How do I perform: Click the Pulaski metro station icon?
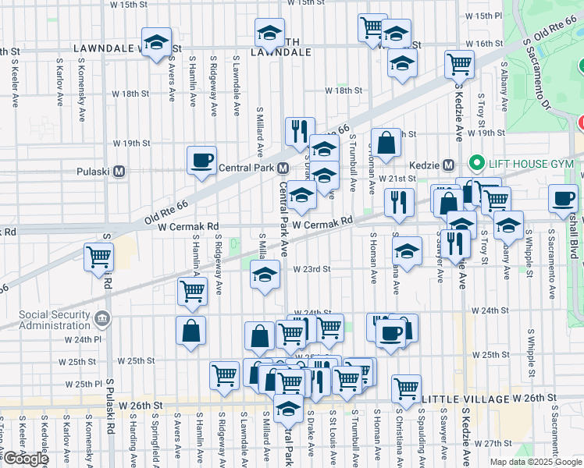click(x=119, y=172)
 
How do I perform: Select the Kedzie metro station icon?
click(x=449, y=165)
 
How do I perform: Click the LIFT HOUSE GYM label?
click(x=530, y=163)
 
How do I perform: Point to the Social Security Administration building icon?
click(x=102, y=318)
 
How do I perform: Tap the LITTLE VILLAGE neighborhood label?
click(x=464, y=399)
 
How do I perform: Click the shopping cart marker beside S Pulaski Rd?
click(x=99, y=257)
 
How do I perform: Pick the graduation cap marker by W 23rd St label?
click(x=265, y=275)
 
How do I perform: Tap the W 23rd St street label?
click(x=312, y=269)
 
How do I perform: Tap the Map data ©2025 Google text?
click(x=535, y=462)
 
